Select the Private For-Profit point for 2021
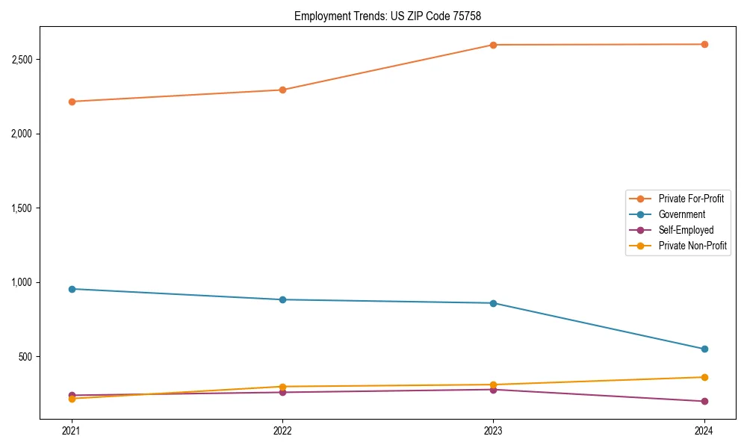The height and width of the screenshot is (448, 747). [x=72, y=102]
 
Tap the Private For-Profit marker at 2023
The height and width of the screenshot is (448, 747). [x=493, y=45]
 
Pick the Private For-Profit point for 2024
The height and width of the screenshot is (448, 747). [x=704, y=44]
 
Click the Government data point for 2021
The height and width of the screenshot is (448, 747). [x=72, y=289]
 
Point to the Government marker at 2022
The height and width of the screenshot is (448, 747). [x=282, y=299]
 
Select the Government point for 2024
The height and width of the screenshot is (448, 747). [x=704, y=349]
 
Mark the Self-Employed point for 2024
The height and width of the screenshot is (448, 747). [x=704, y=401]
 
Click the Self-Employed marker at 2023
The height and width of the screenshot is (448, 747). [x=493, y=389]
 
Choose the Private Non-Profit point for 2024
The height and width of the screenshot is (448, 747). [x=704, y=377]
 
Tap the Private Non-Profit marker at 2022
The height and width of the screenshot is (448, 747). [x=282, y=387]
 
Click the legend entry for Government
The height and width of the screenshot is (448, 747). [x=681, y=214]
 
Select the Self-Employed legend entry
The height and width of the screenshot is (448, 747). [x=686, y=230]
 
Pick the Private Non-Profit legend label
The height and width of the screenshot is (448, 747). [x=692, y=246]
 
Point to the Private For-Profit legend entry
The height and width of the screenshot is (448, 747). [x=691, y=199]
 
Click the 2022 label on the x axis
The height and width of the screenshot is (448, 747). [x=282, y=431]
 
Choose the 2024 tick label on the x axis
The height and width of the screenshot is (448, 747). [x=704, y=431]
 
